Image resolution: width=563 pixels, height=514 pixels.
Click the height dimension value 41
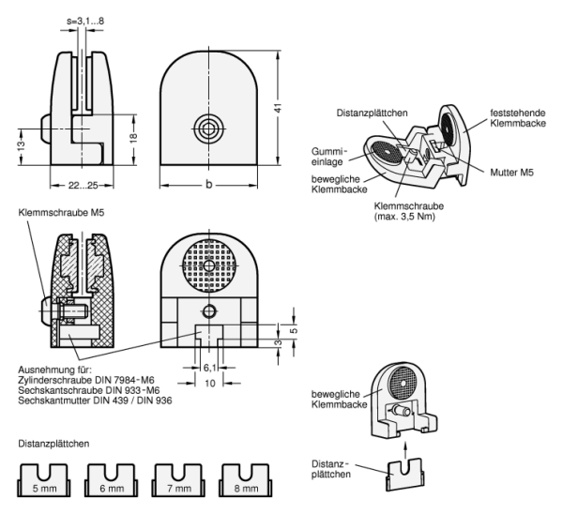[278, 110]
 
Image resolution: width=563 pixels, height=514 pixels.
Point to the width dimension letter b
[207, 185]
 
